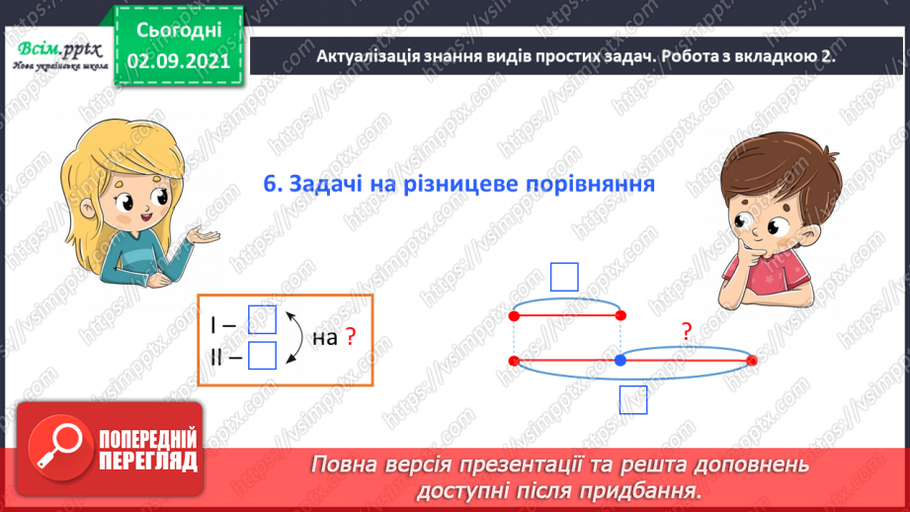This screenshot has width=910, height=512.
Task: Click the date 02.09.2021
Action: [180, 59]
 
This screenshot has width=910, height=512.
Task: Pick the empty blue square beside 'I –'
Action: [262, 320]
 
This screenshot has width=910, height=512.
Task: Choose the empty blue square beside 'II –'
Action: [262, 355]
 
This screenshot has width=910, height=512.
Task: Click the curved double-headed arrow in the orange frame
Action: [293, 338]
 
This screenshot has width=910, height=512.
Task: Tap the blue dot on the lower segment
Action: [620, 361]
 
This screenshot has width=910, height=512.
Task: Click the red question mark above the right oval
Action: [687, 333]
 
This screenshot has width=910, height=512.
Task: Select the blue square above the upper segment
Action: [564, 277]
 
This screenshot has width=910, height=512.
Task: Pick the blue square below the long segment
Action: [632, 399]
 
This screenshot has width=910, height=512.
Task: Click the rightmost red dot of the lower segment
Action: [752, 361]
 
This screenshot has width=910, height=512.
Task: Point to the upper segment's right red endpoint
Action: [620, 316]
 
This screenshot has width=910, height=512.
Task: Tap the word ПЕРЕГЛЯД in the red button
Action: [148, 462]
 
